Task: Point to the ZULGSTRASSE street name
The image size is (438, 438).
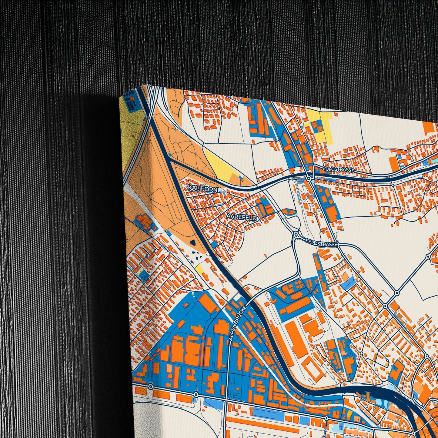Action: point(338,169)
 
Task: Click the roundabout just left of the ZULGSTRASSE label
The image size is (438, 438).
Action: point(309,179)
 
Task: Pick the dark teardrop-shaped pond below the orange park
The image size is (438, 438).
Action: point(193,242)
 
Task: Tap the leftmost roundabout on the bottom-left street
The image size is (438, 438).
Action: point(151,386)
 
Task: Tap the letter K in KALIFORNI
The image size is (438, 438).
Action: point(189,188)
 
